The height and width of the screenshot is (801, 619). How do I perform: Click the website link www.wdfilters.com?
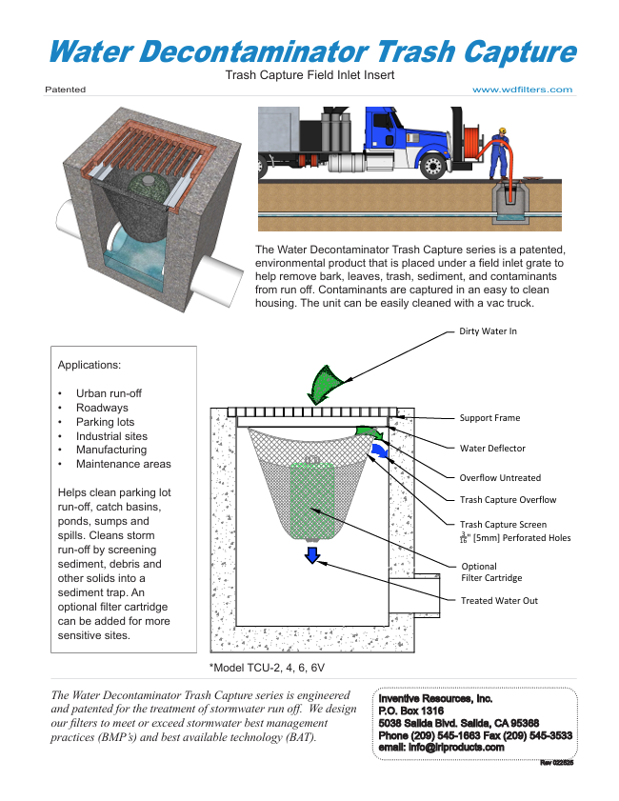522,90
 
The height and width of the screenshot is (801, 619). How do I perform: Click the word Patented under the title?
65,90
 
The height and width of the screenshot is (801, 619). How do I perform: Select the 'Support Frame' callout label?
489,417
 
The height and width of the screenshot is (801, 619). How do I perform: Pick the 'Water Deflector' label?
492,448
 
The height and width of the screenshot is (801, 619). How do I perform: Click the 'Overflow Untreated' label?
500,478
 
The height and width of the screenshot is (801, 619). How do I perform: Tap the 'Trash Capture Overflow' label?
508,500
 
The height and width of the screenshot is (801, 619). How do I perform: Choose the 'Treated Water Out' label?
499,601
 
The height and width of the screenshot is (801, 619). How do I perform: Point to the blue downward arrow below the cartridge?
311,555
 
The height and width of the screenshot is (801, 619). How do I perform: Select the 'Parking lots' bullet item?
105,422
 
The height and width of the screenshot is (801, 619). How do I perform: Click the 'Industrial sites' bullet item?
111,436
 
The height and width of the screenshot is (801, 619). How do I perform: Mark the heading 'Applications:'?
90,365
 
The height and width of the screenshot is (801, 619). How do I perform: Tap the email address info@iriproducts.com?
441,747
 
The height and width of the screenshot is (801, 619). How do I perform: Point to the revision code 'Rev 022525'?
556,762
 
